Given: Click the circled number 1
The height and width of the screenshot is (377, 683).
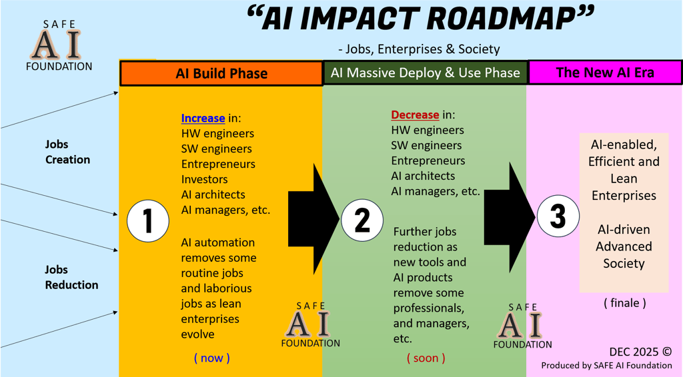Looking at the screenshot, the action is click(x=147, y=220).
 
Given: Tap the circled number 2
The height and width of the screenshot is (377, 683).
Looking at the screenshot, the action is click(x=362, y=220).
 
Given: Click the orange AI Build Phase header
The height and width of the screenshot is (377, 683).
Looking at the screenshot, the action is click(x=221, y=73).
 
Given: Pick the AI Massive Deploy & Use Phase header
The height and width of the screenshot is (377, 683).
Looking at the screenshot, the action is click(x=426, y=73).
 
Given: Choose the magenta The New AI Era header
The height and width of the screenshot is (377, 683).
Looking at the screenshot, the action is click(x=605, y=73).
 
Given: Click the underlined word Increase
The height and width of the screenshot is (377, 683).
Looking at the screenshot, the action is click(x=203, y=118).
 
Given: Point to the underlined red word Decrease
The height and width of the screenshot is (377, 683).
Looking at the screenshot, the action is click(x=415, y=115).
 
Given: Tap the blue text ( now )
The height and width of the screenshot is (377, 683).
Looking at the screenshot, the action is click(x=211, y=358).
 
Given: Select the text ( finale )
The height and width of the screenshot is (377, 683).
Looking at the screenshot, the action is click(x=625, y=302).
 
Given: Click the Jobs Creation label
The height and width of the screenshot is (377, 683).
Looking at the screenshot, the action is click(x=67, y=152).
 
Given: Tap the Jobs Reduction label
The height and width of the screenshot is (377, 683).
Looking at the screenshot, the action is click(x=71, y=277).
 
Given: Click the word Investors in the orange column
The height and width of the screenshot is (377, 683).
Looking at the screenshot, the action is click(x=204, y=179).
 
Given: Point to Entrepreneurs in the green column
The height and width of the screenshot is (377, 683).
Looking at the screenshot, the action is click(x=428, y=161).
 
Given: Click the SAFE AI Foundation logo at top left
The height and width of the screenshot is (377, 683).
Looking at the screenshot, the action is click(x=59, y=45).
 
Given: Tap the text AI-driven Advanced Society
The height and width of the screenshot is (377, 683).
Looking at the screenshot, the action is click(x=624, y=246).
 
